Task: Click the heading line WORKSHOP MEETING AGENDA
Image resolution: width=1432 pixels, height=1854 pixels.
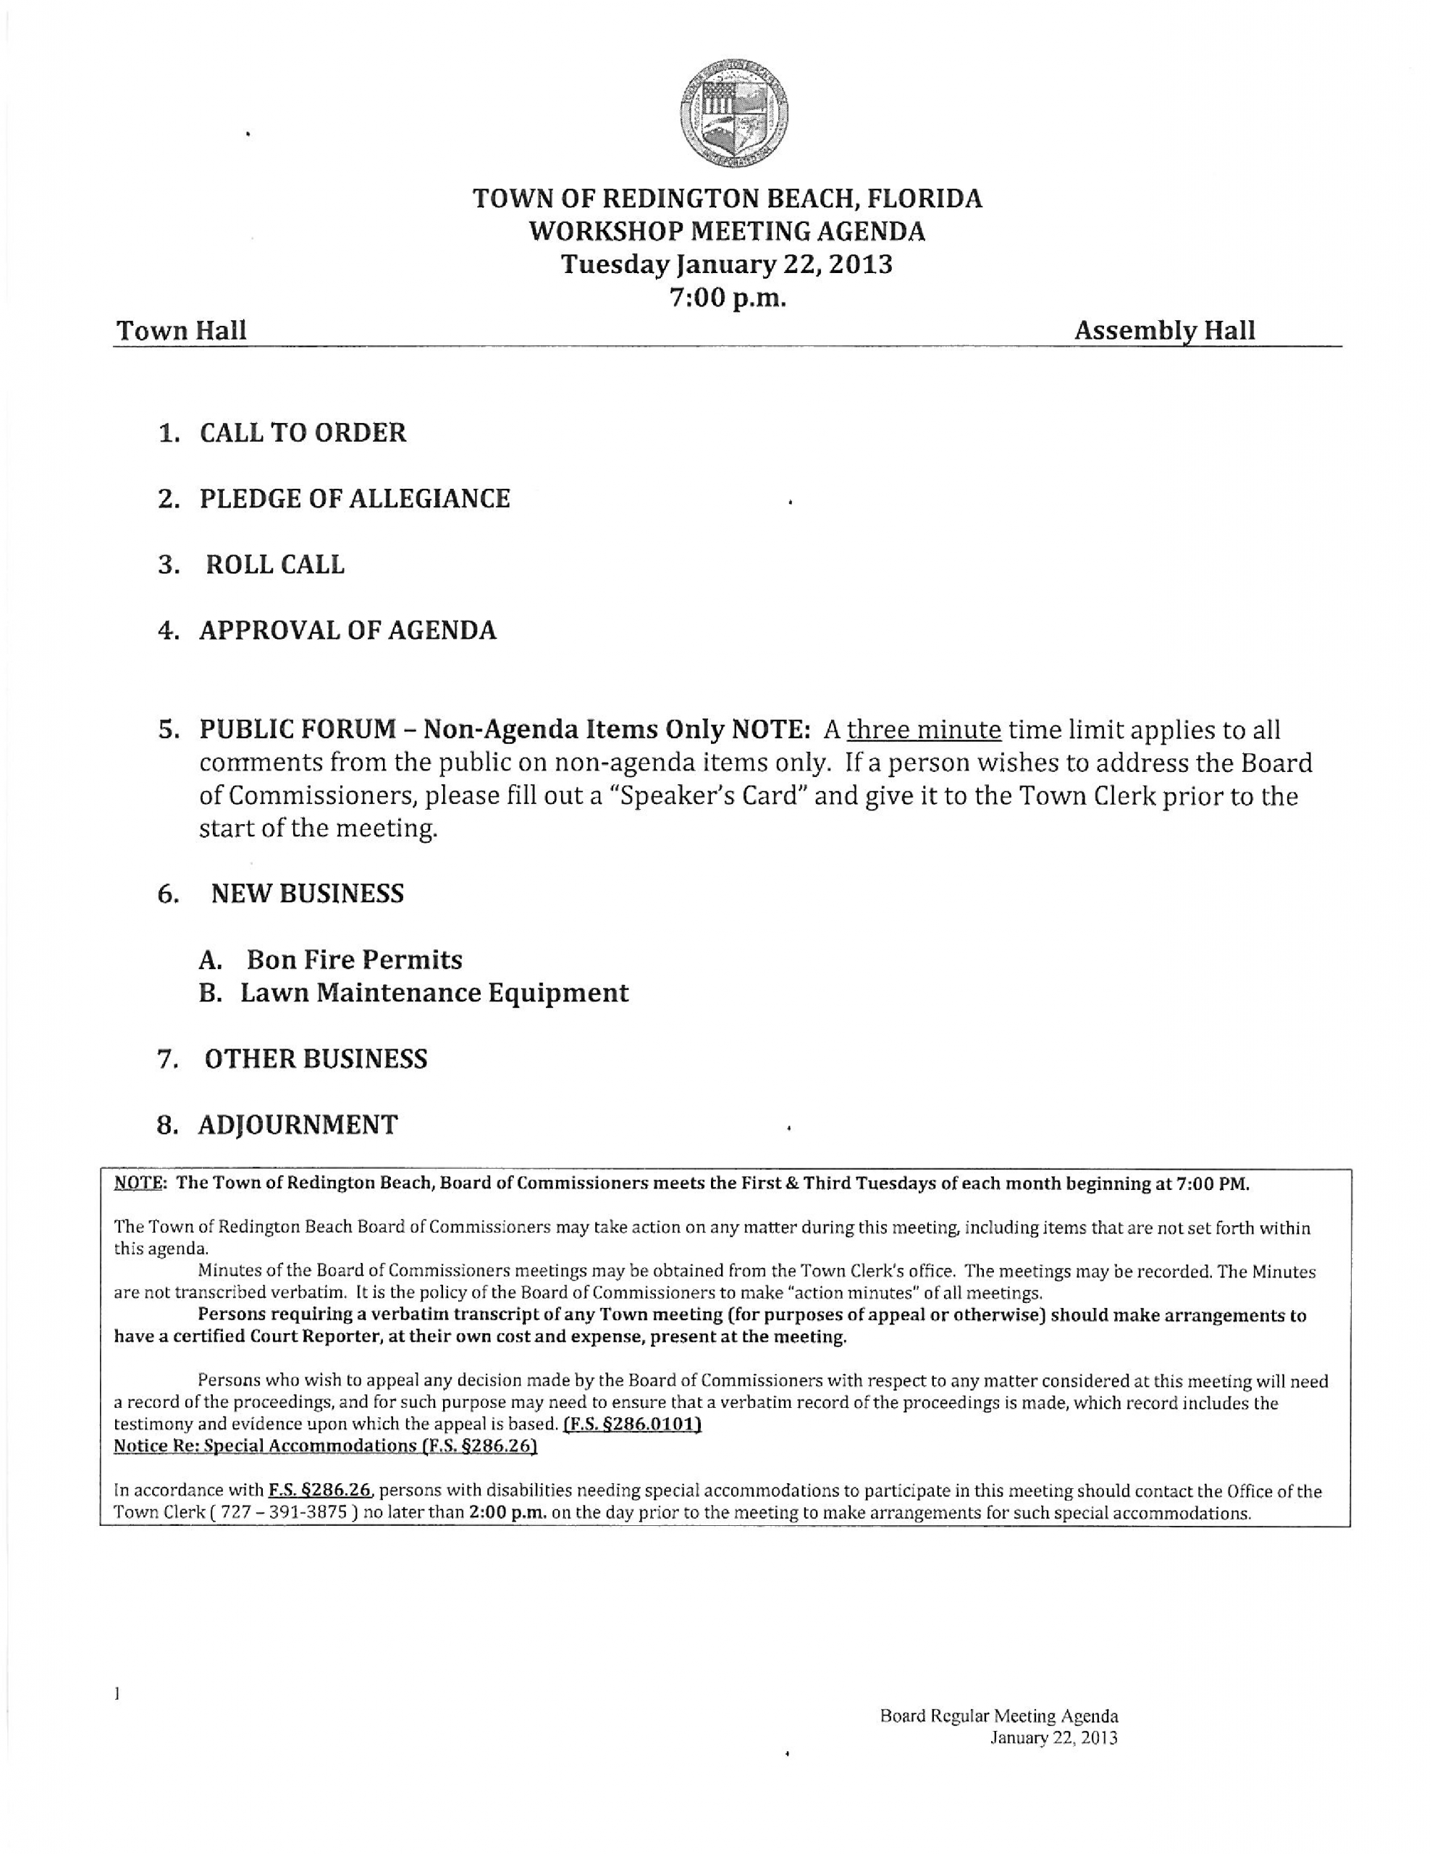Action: [x=727, y=231]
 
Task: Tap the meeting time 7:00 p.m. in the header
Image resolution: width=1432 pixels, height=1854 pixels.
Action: [x=728, y=298]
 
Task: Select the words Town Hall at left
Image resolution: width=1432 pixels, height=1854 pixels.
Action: [x=181, y=330]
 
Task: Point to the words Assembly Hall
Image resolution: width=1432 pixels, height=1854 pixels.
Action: [x=1163, y=330]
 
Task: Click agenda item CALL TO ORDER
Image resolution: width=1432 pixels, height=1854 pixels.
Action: [x=302, y=433]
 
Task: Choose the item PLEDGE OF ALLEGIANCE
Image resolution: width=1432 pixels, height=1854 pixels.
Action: [x=354, y=498]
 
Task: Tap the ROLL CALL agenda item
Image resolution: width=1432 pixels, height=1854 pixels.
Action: [x=275, y=564]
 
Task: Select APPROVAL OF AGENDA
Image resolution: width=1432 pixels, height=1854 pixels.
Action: [x=348, y=631]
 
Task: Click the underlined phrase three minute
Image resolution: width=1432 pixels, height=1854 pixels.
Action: [x=925, y=729]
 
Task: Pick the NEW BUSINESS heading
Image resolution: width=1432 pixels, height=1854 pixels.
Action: [x=306, y=894]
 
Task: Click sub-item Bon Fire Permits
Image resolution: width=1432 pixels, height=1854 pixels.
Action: [x=354, y=960]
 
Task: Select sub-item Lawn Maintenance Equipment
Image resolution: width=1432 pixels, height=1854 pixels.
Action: [x=434, y=992]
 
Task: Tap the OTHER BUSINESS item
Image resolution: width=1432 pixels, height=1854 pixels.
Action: [x=315, y=1060]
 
